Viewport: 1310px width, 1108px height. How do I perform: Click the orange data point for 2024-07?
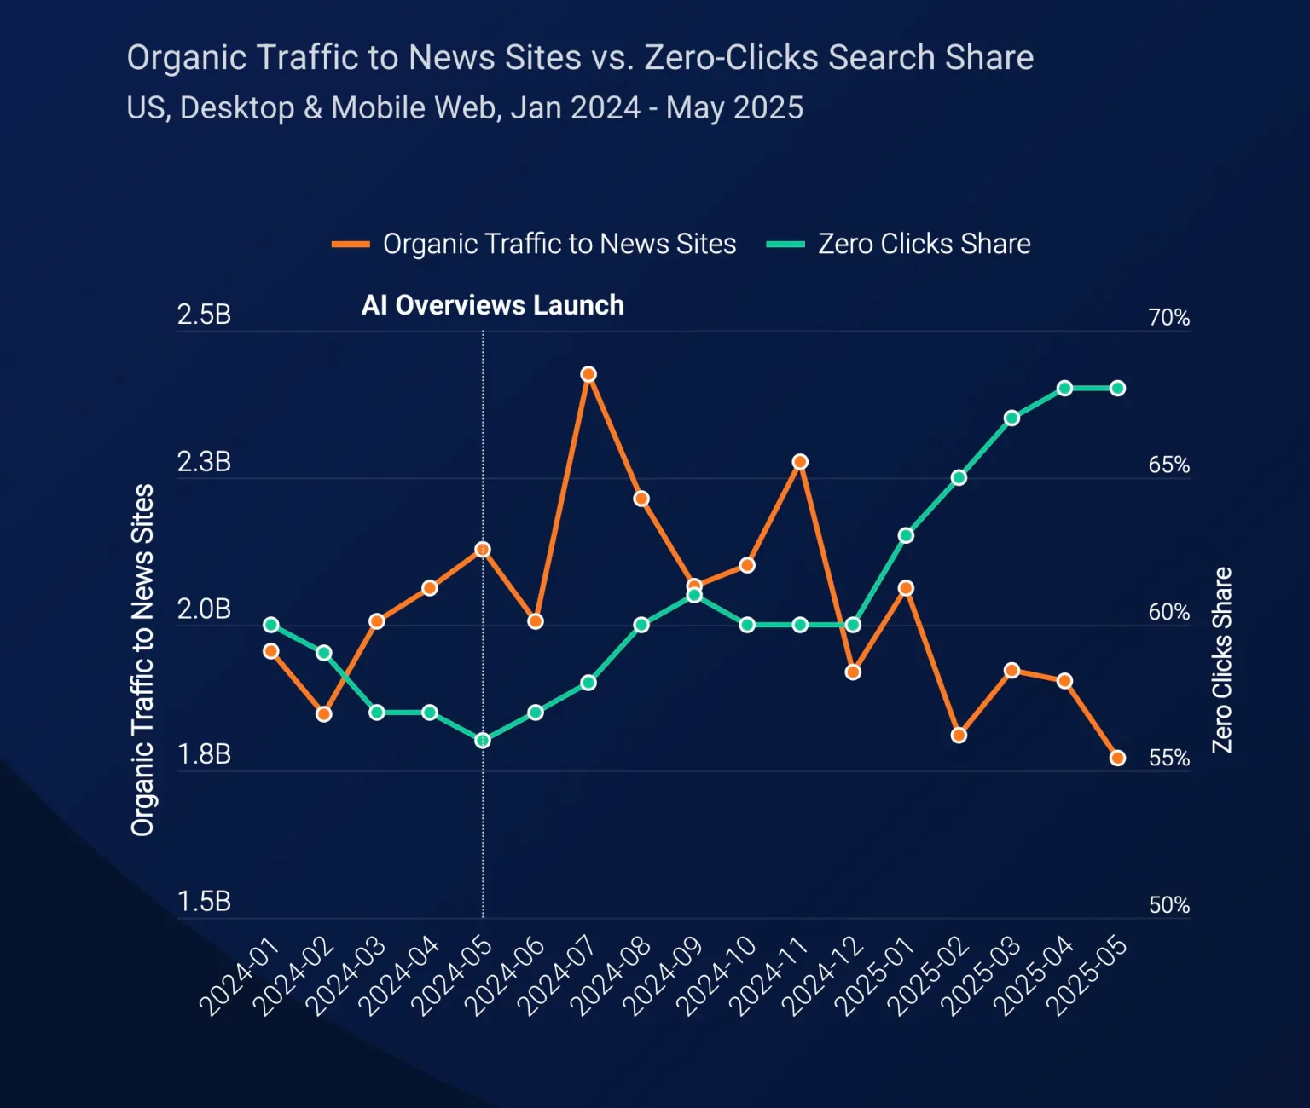[588, 374]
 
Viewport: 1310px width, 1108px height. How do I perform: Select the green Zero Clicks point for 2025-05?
[1117, 389]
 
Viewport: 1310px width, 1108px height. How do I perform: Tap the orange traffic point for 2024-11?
[800, 462]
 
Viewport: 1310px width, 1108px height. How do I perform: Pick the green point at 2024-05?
[483, 741]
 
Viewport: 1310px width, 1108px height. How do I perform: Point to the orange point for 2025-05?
[1117, 758]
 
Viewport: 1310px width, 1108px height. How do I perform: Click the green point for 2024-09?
[694, 595]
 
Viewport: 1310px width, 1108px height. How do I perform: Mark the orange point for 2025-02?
[959, 735]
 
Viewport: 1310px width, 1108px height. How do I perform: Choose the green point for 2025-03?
[1011, 418]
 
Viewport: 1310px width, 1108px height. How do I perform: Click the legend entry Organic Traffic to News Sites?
[535, 244]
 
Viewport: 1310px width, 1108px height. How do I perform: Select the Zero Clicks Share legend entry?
[899, 244]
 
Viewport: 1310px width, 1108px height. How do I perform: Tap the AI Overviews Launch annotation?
[493, 305]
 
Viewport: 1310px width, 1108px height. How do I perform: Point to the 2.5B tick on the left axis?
[204, 315]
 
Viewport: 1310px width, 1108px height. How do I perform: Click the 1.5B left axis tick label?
[204, 902]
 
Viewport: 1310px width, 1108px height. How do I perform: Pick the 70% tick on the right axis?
[1168, 318]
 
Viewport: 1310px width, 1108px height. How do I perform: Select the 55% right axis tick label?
[1168, 759]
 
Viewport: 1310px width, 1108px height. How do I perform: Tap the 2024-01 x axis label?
[240, 976]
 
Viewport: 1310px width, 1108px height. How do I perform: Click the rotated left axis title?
[142, 660]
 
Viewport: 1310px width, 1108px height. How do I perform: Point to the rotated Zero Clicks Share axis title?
[1222, 660]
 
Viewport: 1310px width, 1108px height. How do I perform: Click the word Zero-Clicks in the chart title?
[729, 58]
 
